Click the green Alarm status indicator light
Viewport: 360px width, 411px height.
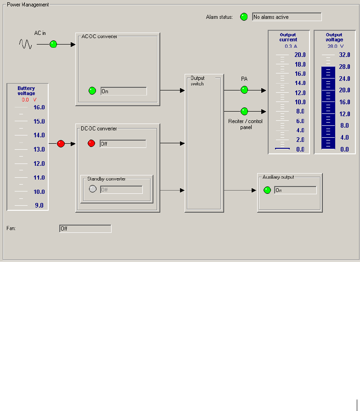tap(244, 17)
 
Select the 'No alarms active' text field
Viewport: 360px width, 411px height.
tap(287, 17)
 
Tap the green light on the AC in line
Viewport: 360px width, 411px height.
tap(53, 45)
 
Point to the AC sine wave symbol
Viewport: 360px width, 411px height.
tap(25, 44)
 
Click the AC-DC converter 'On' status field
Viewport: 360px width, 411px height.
tap(124, 91)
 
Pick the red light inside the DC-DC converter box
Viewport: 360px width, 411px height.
tap(91, 144)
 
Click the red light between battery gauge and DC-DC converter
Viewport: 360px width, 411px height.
tap(61, 144)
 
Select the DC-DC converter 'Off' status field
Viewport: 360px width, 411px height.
tap(123, 144)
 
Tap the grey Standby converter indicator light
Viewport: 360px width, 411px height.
tap(93, 189)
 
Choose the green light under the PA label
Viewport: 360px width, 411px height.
tap(244, 90)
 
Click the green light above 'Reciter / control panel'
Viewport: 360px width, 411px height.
tap(244, 111)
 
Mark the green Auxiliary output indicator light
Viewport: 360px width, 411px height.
tap(267, 190)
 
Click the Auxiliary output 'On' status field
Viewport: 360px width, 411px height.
tap(295, 190)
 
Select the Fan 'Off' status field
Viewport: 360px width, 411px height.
tap(85, 228)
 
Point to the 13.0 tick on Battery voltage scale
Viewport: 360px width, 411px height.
tap(39, 149)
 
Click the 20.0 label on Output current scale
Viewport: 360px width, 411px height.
tap(300, 55)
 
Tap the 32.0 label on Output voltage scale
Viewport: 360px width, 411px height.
tap(344, 55)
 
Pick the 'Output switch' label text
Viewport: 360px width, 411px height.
tap(197, 81)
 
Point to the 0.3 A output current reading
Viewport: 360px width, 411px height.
tap(290, 46)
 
